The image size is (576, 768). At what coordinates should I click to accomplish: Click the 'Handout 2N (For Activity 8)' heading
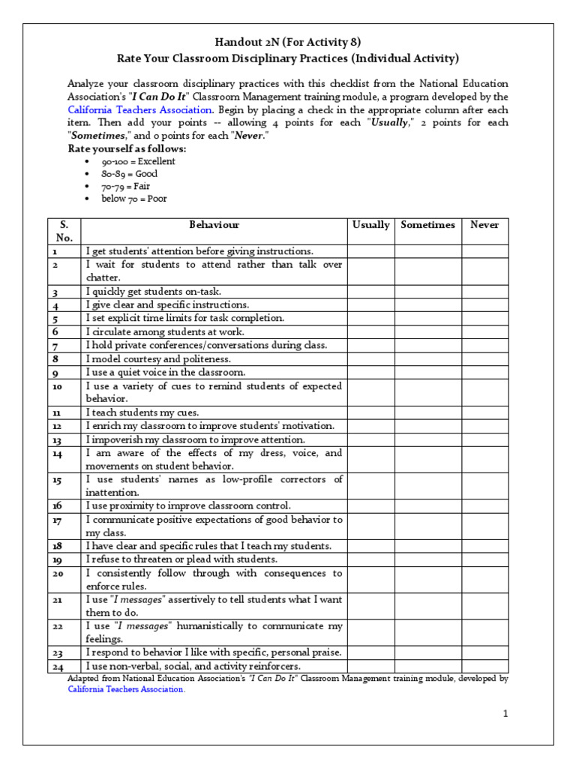tap(288, 42)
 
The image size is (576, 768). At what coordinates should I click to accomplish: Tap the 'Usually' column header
tap(370, 225)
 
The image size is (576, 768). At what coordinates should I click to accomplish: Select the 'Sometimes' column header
tap(427, 225)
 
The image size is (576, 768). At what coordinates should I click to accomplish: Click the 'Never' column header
tap(484, 225)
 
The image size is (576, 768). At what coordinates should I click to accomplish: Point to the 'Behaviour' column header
tap(214, 225)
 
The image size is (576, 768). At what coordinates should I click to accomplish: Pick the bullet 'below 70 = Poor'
tap(135, 199)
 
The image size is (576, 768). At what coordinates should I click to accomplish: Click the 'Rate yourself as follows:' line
tap(127, 148)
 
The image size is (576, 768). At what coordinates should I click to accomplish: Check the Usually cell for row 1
tap(370, 251)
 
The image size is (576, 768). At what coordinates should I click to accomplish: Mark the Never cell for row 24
tap(484, 666)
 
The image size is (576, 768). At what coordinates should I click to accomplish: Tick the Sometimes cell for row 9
tap(427, 372)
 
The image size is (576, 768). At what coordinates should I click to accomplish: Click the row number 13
tap(56, 440)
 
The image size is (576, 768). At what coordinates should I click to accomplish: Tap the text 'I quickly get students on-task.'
tap(154, 292)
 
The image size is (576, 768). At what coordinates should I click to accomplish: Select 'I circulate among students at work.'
tap(165, 331)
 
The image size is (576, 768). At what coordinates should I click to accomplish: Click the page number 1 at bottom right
tap(506, 714)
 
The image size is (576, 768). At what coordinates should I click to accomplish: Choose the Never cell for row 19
tap(484, 559)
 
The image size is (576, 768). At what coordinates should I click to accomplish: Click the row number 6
tap(55, 331)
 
